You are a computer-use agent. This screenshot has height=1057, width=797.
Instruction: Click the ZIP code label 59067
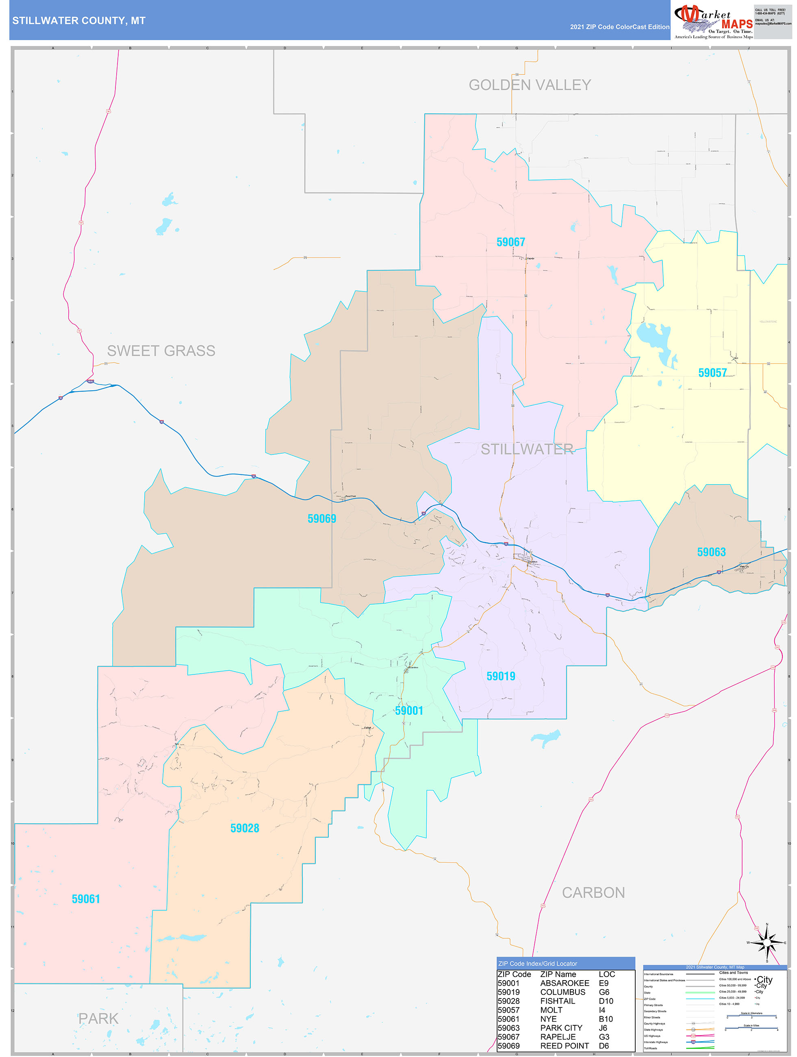tap(510, 242)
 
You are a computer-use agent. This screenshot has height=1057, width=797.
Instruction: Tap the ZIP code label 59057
tap(712, 373)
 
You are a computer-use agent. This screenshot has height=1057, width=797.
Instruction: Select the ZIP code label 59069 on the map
tap(321, 518)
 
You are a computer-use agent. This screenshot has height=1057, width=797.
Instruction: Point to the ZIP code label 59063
tap(711, 552)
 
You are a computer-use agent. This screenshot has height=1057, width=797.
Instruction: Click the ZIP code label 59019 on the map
tap(501, 676)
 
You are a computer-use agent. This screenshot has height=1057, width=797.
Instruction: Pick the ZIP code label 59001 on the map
tap(409, 711)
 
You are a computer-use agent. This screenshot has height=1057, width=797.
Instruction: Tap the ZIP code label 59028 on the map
tap(245, 828)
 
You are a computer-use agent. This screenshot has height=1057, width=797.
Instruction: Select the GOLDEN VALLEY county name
tap(530, 85)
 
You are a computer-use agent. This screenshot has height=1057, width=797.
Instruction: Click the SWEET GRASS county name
tap(161, 351)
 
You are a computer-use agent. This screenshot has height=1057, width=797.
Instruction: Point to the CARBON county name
tap(593, 893)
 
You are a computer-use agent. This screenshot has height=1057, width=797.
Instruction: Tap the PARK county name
tap(98, 1018)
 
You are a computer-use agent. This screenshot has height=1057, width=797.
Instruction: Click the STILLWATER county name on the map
tap(527, 449)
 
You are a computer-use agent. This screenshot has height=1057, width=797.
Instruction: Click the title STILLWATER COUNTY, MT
tap(79, 21)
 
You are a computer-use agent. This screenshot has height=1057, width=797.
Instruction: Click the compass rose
tap(767, 943)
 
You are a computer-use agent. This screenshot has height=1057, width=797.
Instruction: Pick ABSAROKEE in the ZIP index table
tap(564, 983)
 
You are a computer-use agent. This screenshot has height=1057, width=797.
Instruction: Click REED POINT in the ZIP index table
tap(564, 1046)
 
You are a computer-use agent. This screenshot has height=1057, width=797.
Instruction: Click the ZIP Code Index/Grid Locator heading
tap(538, 963)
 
